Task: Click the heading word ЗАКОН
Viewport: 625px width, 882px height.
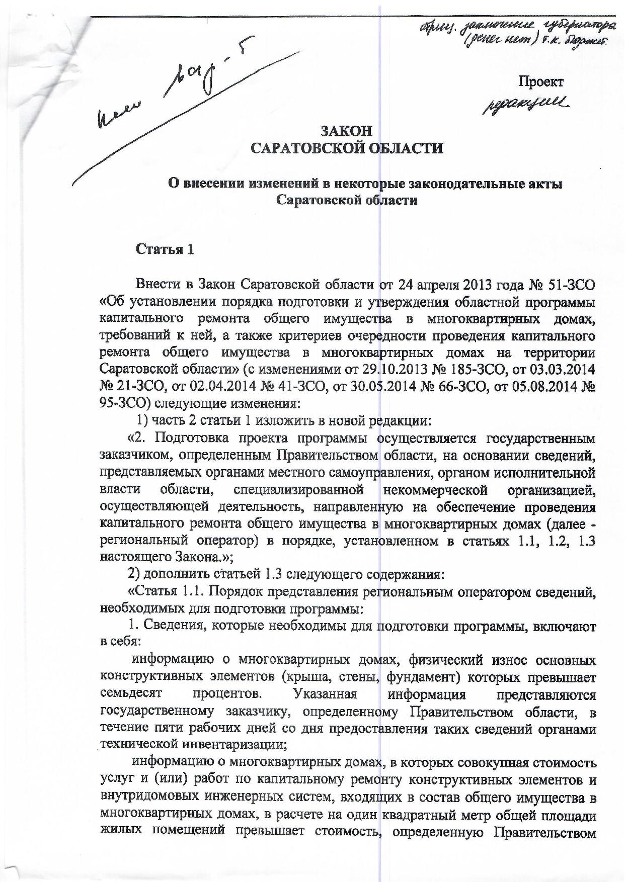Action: click(347, 131)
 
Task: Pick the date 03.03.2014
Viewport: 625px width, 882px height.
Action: click(563, 370)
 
